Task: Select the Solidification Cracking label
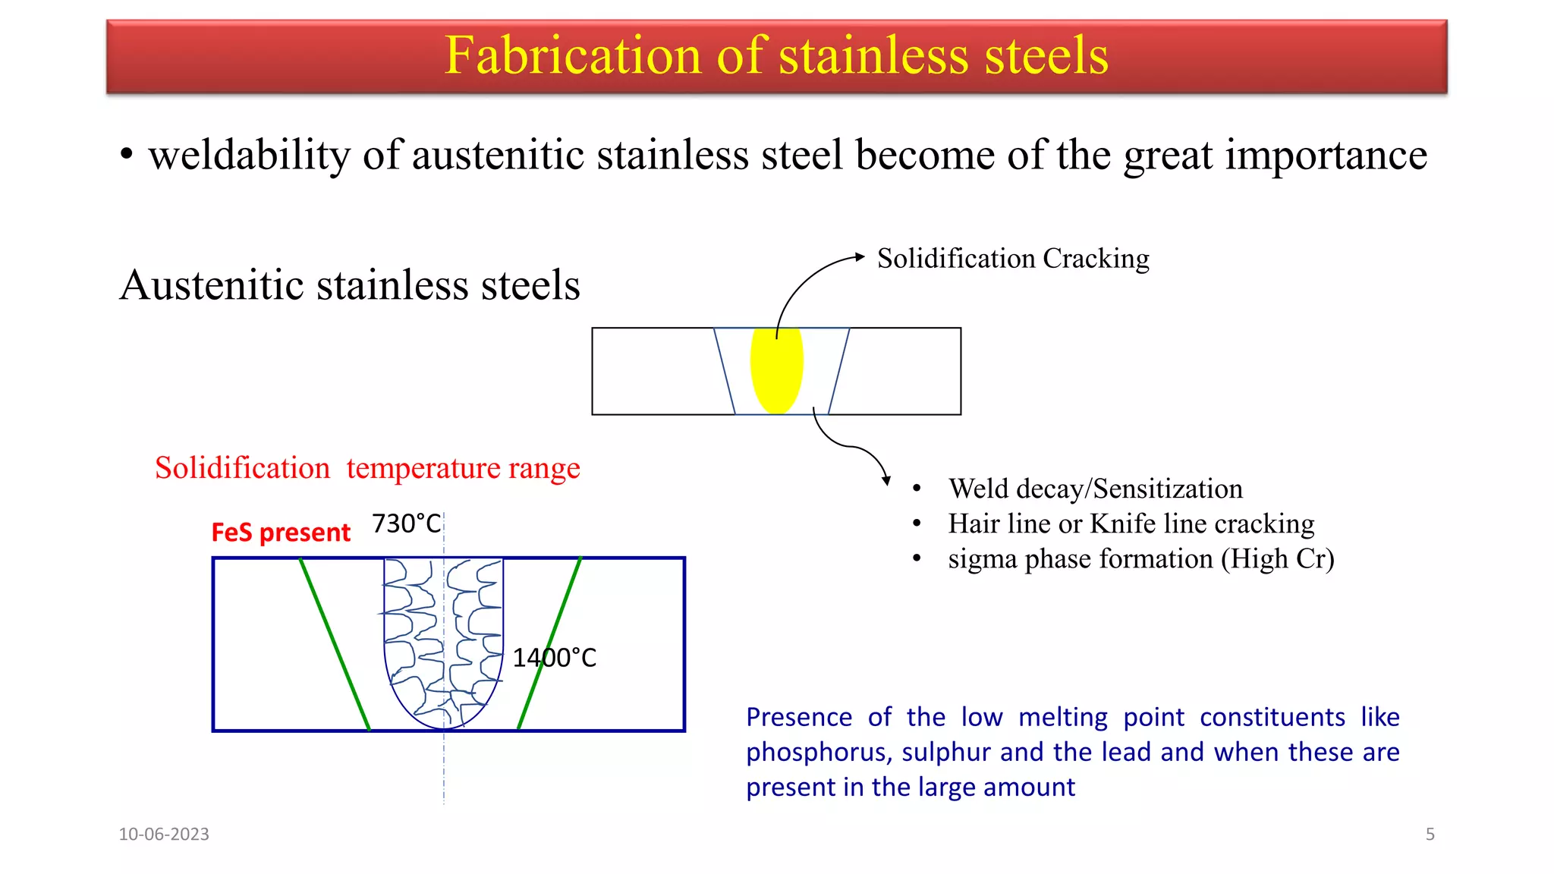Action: coord(1013,259)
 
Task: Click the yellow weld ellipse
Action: coord(776,370)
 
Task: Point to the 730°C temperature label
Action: coord(406,523)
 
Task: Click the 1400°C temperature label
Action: coord(555,658)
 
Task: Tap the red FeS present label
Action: coord(281,533)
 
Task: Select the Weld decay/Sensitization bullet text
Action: coord(1096,489)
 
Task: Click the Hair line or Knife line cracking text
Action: coord(1131,523)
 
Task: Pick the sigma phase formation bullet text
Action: coord(1140,558)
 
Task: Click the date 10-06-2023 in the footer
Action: coord(164,834)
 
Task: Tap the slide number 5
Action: coord(1430,834)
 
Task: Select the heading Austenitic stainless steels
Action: coord(350,285)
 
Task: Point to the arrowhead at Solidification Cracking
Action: coord(860,256)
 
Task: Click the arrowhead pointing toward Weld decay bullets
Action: coord(886,480)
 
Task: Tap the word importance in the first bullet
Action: coord(1326,155)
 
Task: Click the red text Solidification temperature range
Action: coord(367,468)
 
